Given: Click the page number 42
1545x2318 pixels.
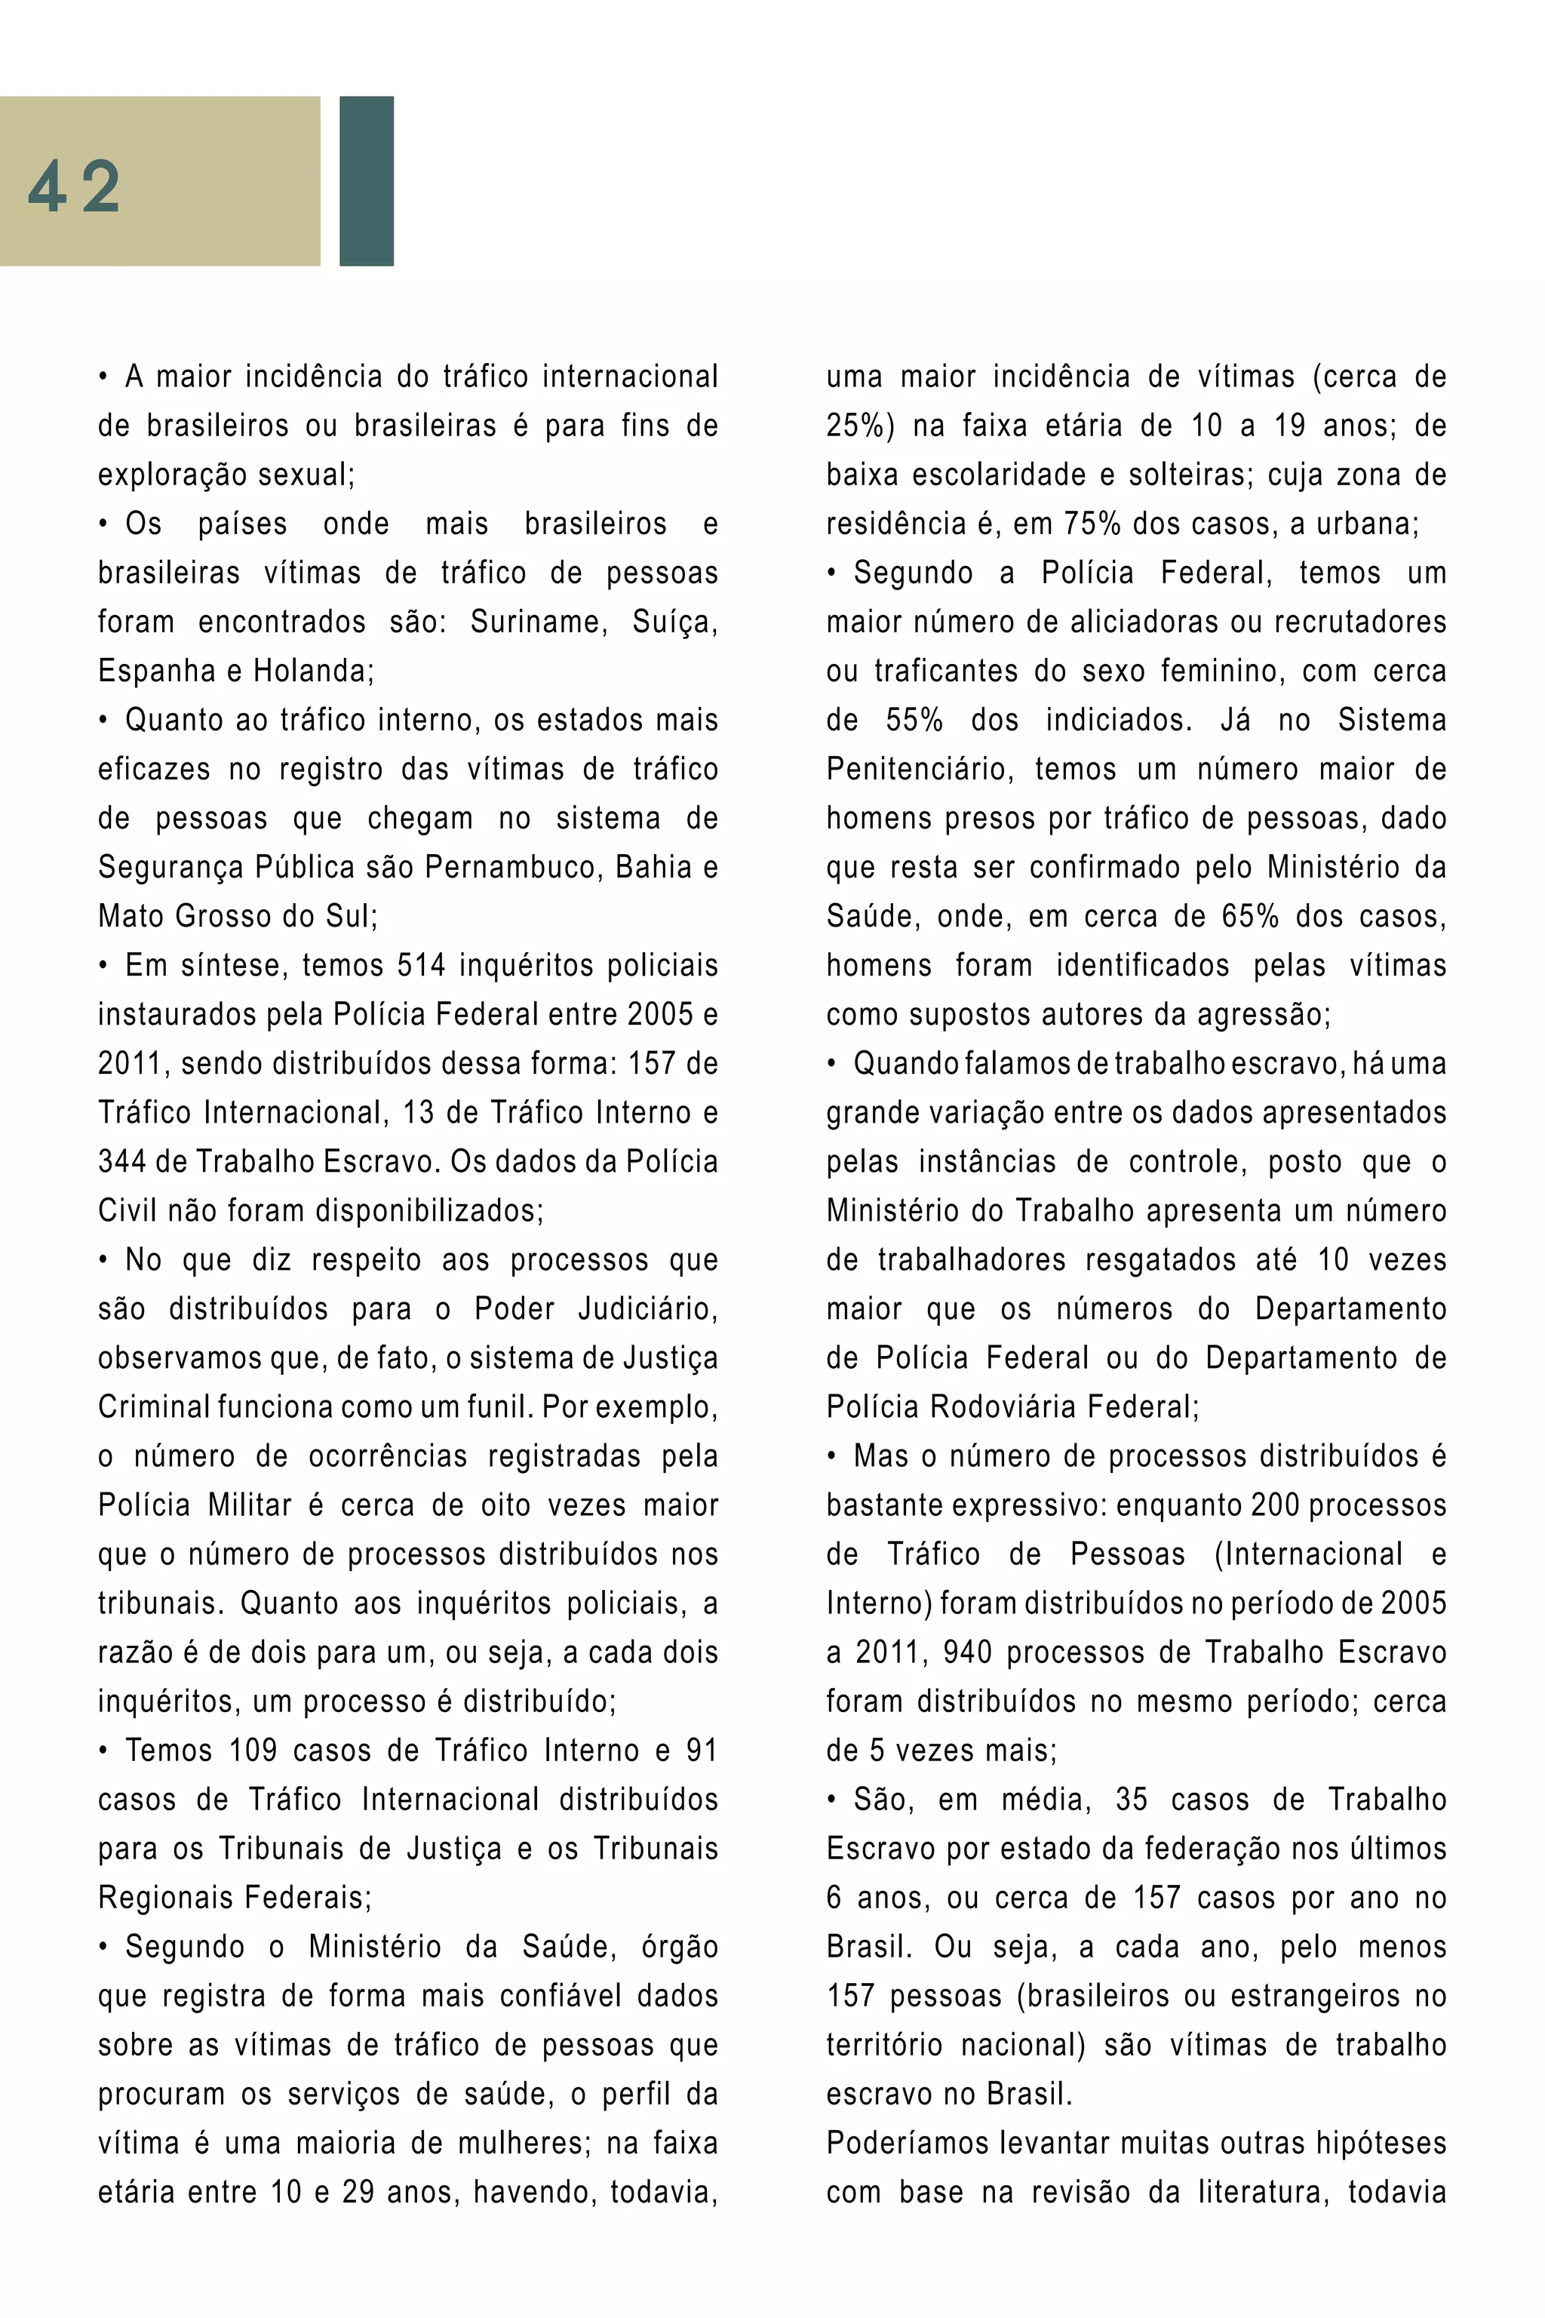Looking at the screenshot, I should [74, 186].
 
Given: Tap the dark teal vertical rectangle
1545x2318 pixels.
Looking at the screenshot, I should [366, 180].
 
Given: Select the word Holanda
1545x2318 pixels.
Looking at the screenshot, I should [312, 671].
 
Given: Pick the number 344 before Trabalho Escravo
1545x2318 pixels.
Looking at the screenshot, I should [121, 1162].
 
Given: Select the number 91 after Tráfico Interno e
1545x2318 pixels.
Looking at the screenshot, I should [702, 1751].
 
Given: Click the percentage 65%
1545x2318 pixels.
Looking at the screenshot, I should [1249, 917].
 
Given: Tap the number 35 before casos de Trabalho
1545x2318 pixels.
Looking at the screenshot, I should [1131, 1800].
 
